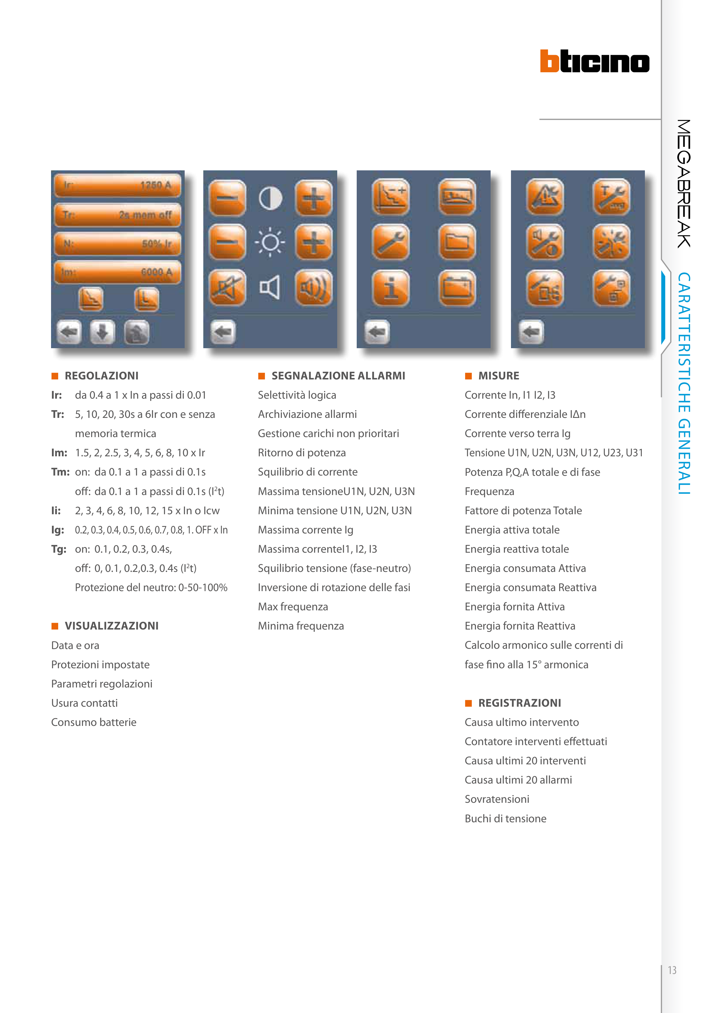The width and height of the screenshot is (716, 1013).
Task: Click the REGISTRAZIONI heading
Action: pos(519,703)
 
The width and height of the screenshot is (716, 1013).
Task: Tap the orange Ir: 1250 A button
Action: pos(117,185)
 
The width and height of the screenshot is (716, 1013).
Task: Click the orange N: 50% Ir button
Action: pos(117,243)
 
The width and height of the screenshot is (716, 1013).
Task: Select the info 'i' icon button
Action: pos(391,288)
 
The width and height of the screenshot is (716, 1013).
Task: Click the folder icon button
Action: pos(457,242)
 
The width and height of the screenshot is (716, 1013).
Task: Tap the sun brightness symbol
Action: pos(270,242)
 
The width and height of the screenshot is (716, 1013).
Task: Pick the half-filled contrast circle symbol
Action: pos(270,198)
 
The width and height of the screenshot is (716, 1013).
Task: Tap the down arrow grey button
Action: pos(102,332)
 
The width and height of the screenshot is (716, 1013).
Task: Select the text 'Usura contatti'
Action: pos(84,703)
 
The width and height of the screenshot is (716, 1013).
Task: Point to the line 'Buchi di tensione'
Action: pos(505,819)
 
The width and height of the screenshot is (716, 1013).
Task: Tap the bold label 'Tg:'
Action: pos(59,549)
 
